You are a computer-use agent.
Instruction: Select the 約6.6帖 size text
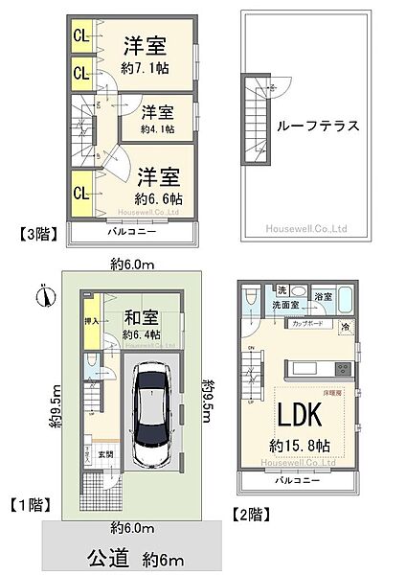pyautogui.click(x=158, y=198)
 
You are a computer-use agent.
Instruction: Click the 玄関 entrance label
pyautogui.click(x=104, y=454)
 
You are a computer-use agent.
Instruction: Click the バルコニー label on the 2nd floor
pyautogui.click(x=302, y=479)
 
